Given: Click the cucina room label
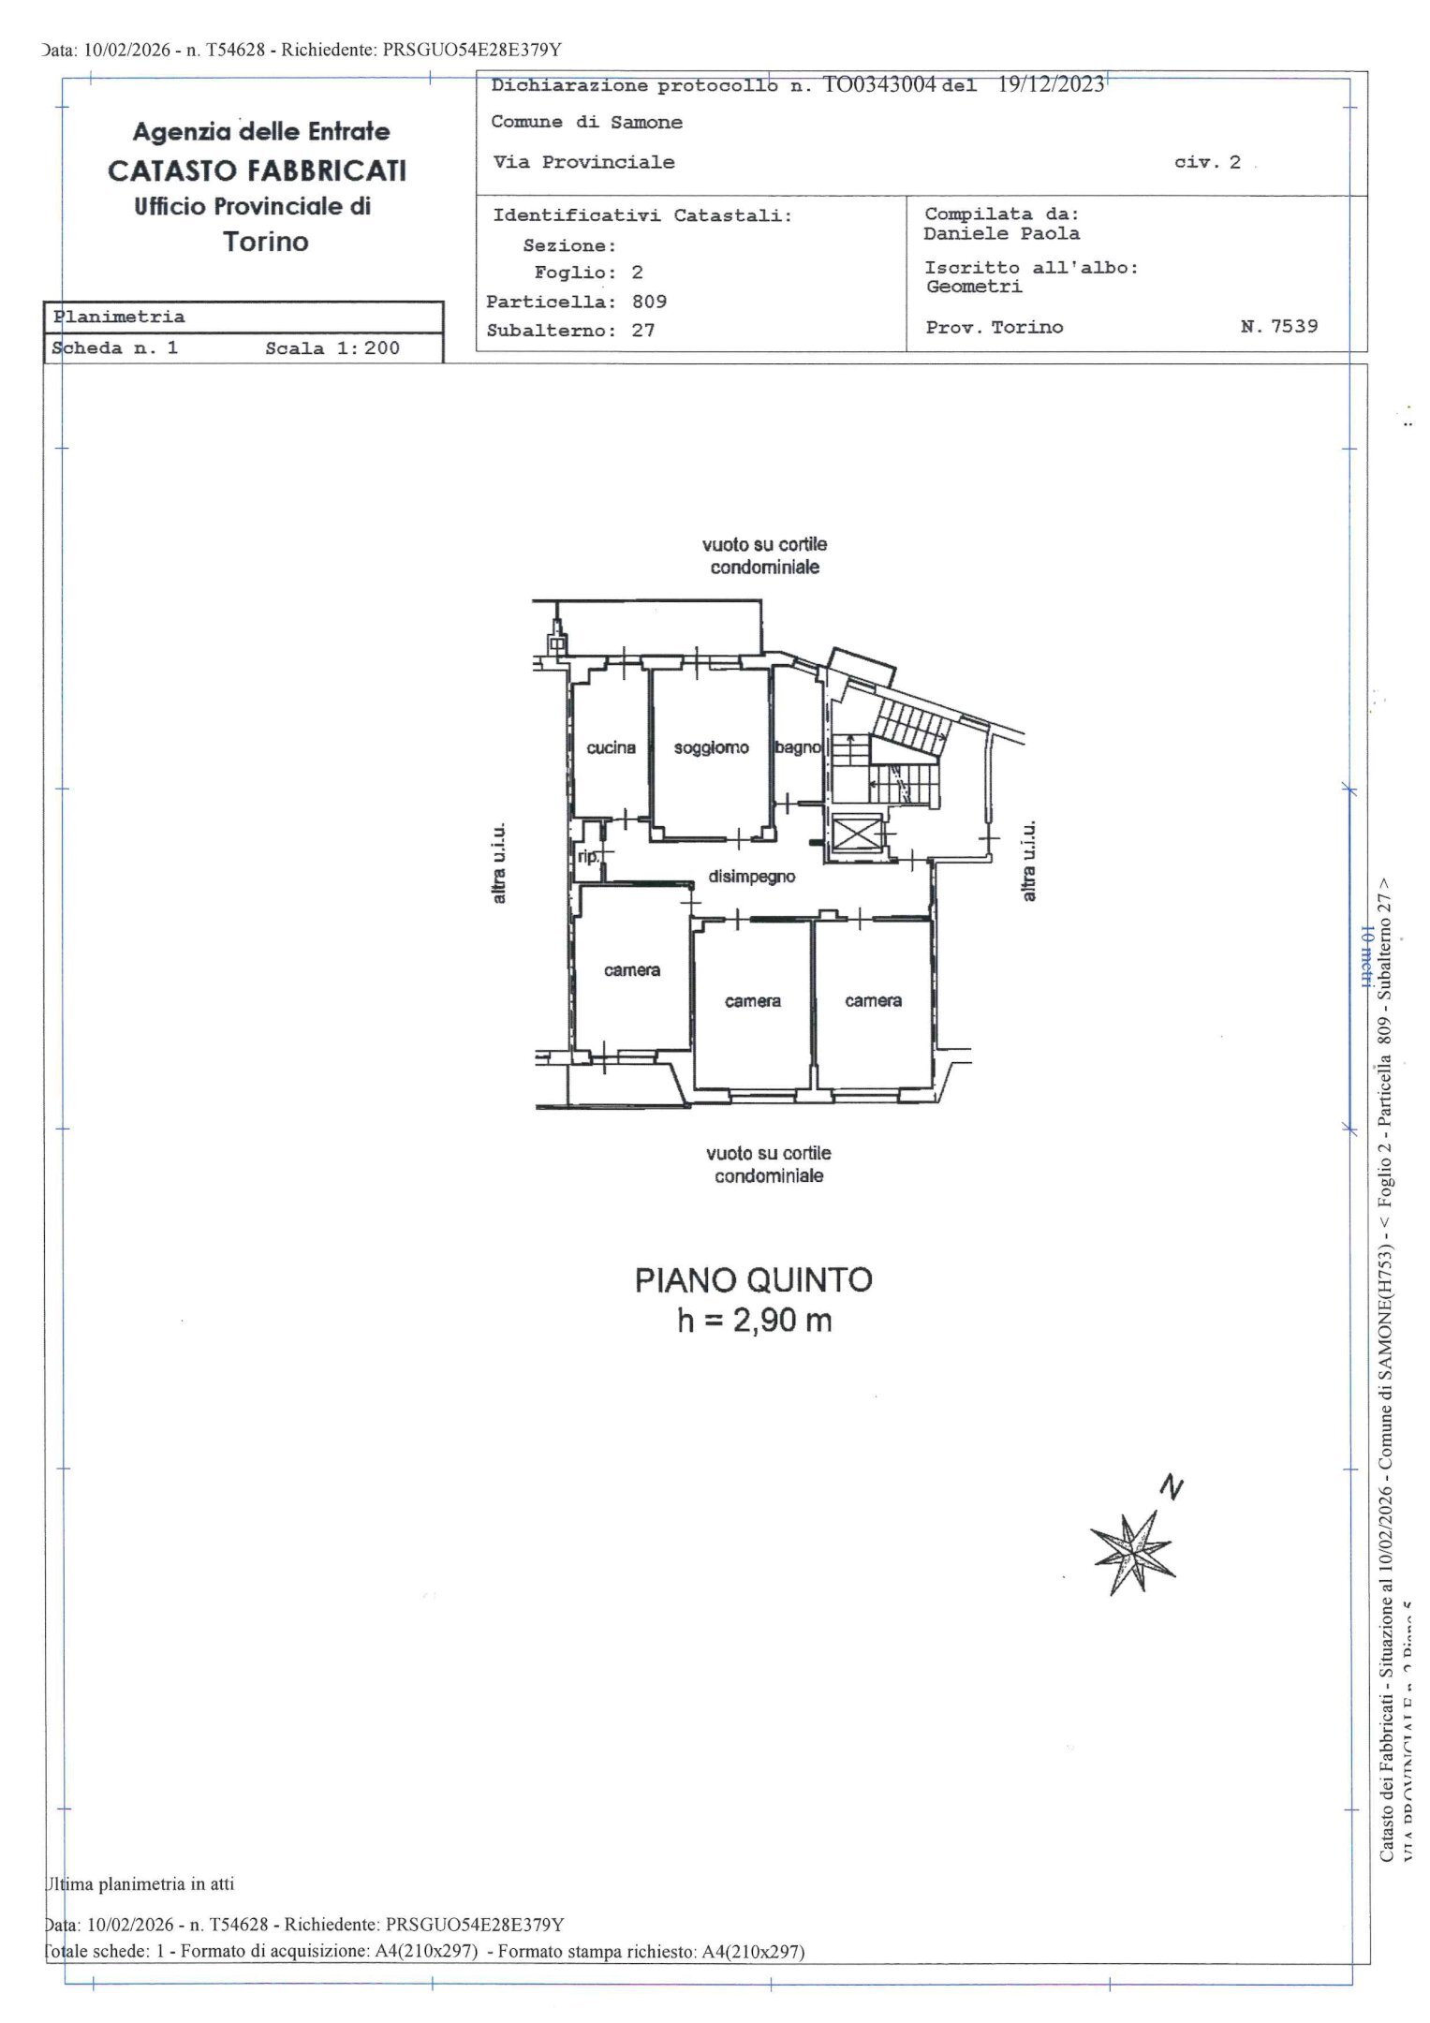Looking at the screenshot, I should tap(611, 748).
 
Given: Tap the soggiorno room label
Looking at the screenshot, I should tap(711, 748).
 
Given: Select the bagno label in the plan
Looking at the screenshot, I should tap(798, 748).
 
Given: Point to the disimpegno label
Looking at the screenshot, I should tap(751, 878).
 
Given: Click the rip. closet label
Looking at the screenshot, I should tap(588, 856).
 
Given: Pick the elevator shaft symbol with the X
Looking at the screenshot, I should tap(857, 834).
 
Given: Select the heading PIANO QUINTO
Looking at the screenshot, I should tap(753, 1280).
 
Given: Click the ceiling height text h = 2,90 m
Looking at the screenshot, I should tap(754, 1321).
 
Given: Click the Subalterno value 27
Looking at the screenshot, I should tap(642, 331).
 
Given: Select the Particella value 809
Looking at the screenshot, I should tap(649, 302).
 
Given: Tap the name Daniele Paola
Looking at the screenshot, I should tap(1000, 234).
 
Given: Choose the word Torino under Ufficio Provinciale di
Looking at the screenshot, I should tap(266, 243).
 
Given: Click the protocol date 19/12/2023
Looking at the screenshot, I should tap(1051, 84).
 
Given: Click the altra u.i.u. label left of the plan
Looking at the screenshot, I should tap(499, 863).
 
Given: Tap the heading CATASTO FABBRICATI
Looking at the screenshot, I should tap(258, 170).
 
